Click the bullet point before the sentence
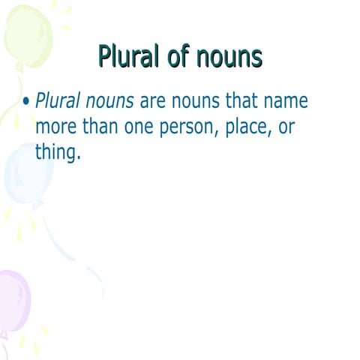click(27, 102)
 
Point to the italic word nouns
click(108, 103)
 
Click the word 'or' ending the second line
click(286, 128)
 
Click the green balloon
click(27, 34)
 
